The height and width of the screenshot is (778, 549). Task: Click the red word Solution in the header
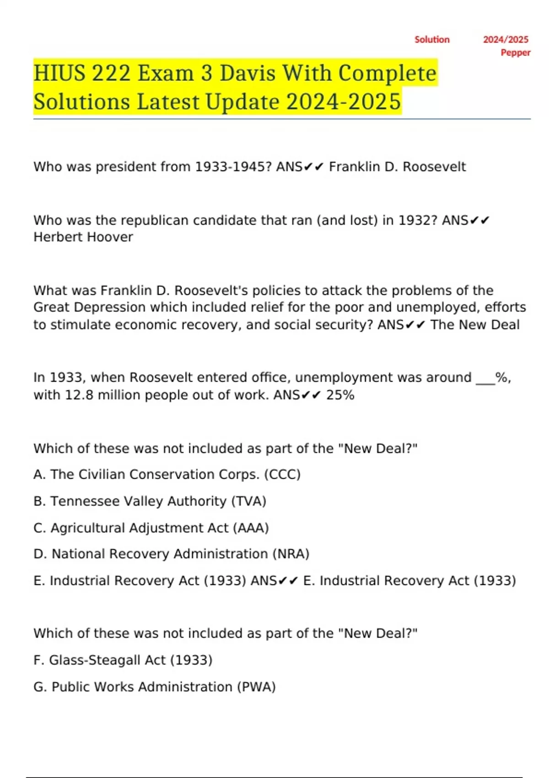click(432, 40)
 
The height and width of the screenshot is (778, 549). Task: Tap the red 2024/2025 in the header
click(506, 40)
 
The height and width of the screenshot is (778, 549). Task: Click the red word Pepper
click(515, 53)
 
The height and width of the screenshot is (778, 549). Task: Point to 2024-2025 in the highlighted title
click(344, 102)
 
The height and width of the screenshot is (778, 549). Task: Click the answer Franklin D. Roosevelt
click(397, 167)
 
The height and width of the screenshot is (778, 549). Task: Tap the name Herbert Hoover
click(83, 237)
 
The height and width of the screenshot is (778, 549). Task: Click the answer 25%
click(340, 395)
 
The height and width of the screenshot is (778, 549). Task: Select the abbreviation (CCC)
click(282, 475)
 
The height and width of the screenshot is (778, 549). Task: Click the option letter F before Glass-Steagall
click(38, 660)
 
